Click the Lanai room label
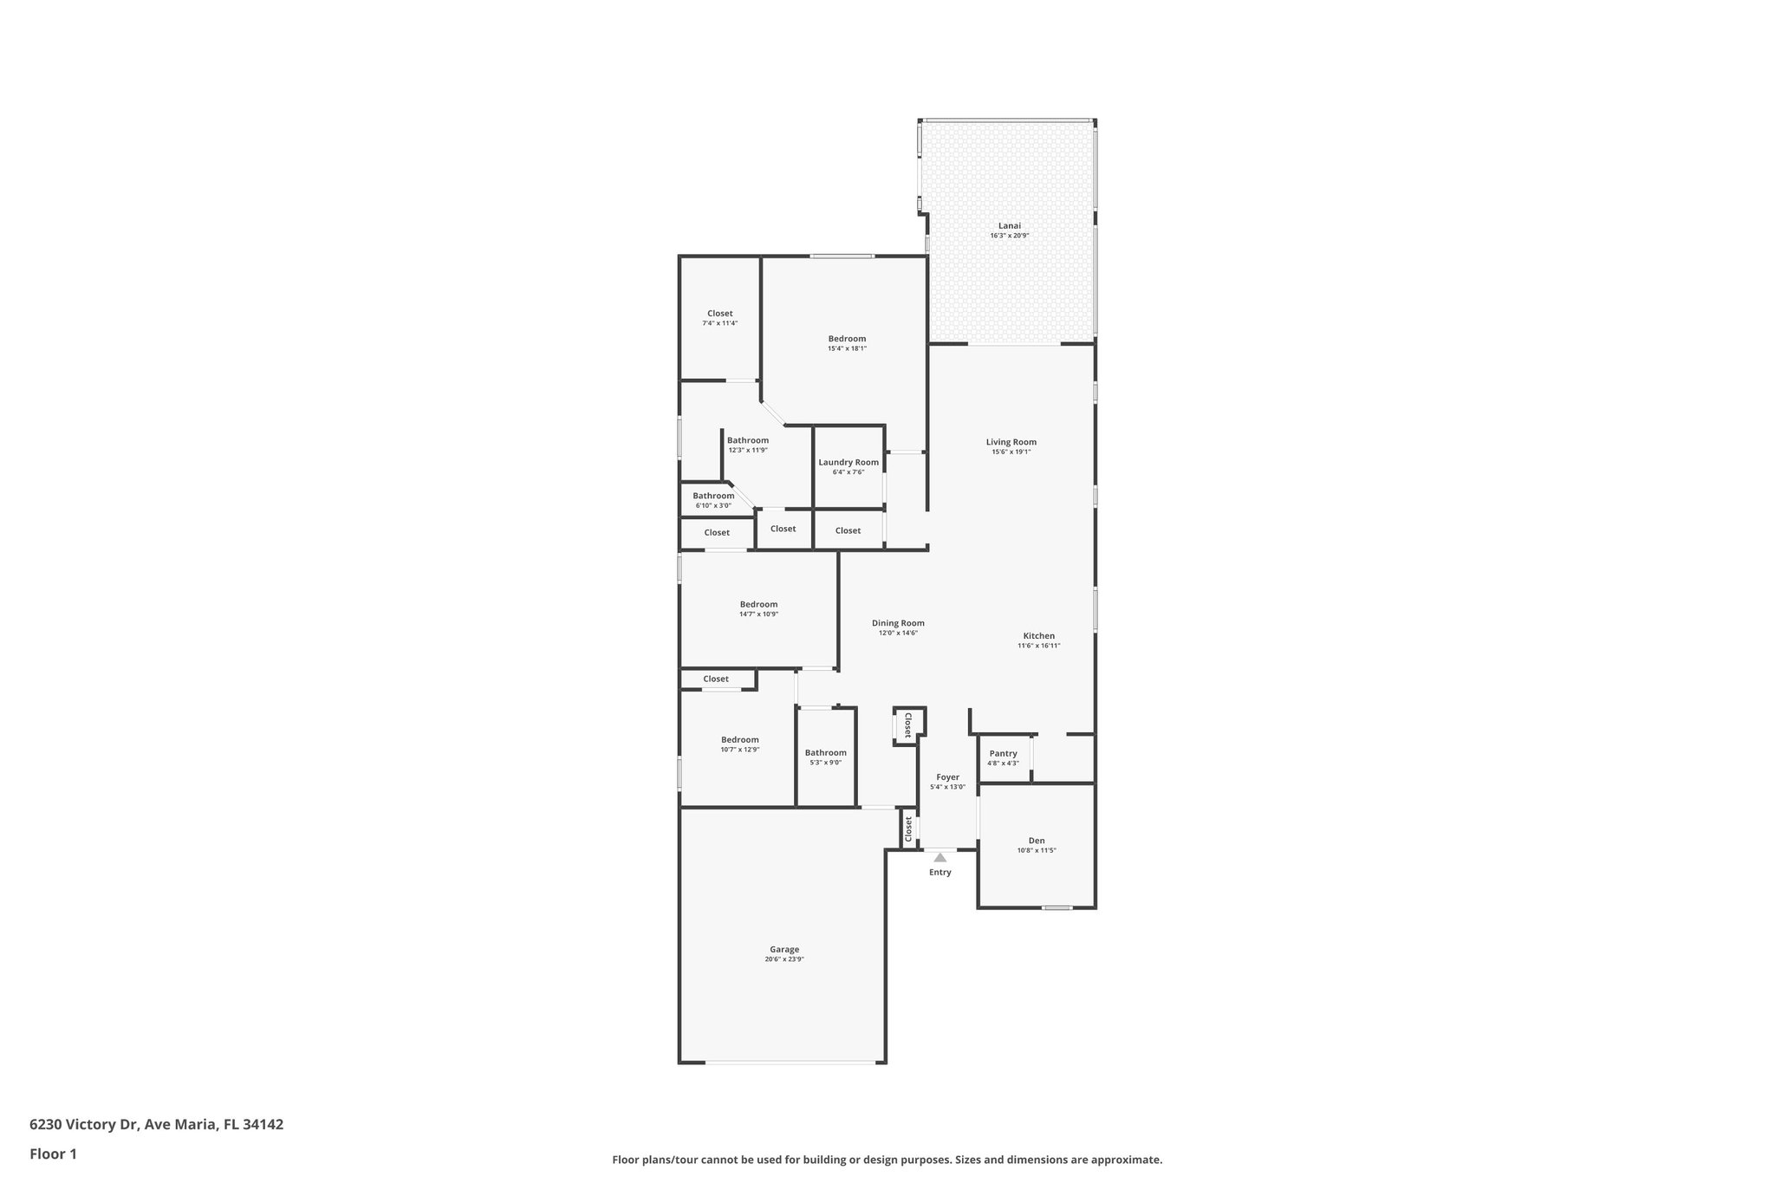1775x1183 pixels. pos(1010,225)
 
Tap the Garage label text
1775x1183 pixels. pos(784,949)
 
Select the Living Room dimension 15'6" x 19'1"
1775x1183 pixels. pos(1011,452)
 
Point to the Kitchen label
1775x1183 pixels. pos(1038,636)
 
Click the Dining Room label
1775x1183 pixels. pos(898,623)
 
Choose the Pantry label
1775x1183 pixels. pos(1003,753)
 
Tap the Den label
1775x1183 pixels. pos(1037,840)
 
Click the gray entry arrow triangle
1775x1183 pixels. pos(940,857)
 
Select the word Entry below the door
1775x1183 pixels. pos(940,872)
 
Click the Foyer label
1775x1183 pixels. pos(947,777)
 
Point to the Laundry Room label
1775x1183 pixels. pos(848,462)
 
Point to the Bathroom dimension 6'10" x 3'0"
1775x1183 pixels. pos(713,505)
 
